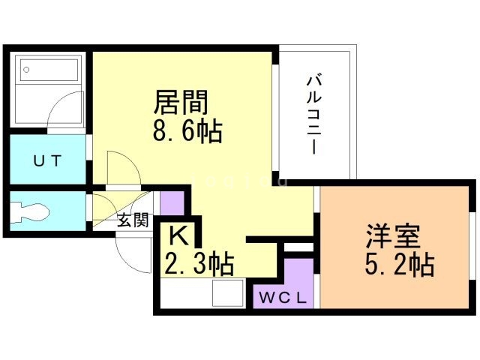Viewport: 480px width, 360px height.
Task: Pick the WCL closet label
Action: [283, 296]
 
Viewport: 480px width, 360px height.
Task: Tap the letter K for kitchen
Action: [178, 236]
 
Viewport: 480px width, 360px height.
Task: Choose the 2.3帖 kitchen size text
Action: [199, 264]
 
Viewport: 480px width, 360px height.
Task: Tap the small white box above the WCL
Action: [298, 247]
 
